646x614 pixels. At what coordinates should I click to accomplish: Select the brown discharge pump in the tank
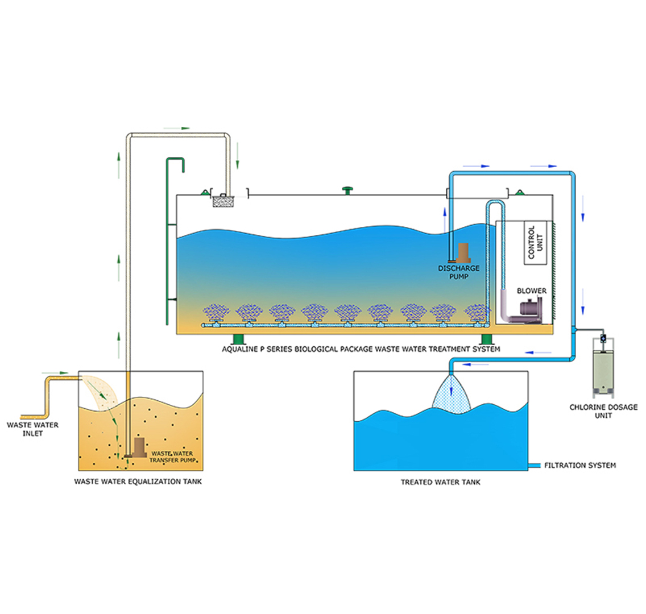463,252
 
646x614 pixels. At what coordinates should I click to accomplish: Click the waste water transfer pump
139,449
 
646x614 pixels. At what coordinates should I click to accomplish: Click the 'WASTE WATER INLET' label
32,429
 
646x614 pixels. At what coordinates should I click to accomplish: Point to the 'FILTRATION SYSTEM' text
579,466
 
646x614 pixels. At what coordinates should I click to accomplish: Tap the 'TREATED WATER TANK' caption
440,482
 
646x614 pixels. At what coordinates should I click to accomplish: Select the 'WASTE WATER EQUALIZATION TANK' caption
138,482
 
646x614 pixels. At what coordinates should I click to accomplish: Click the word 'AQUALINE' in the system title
239,349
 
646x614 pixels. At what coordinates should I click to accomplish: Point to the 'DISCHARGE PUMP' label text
459,272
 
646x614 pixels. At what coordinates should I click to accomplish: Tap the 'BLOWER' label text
531,291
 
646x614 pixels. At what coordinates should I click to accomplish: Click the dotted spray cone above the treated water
452,395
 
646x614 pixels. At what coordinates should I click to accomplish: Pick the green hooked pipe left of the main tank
170,239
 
